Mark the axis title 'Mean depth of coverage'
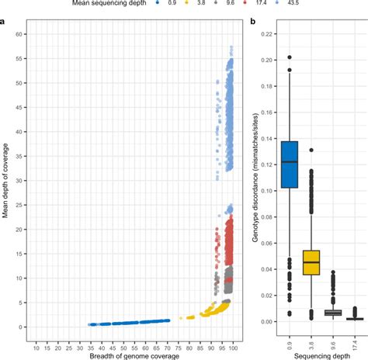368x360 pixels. click(6, 186)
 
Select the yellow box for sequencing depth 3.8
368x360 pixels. click(311, 263)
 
